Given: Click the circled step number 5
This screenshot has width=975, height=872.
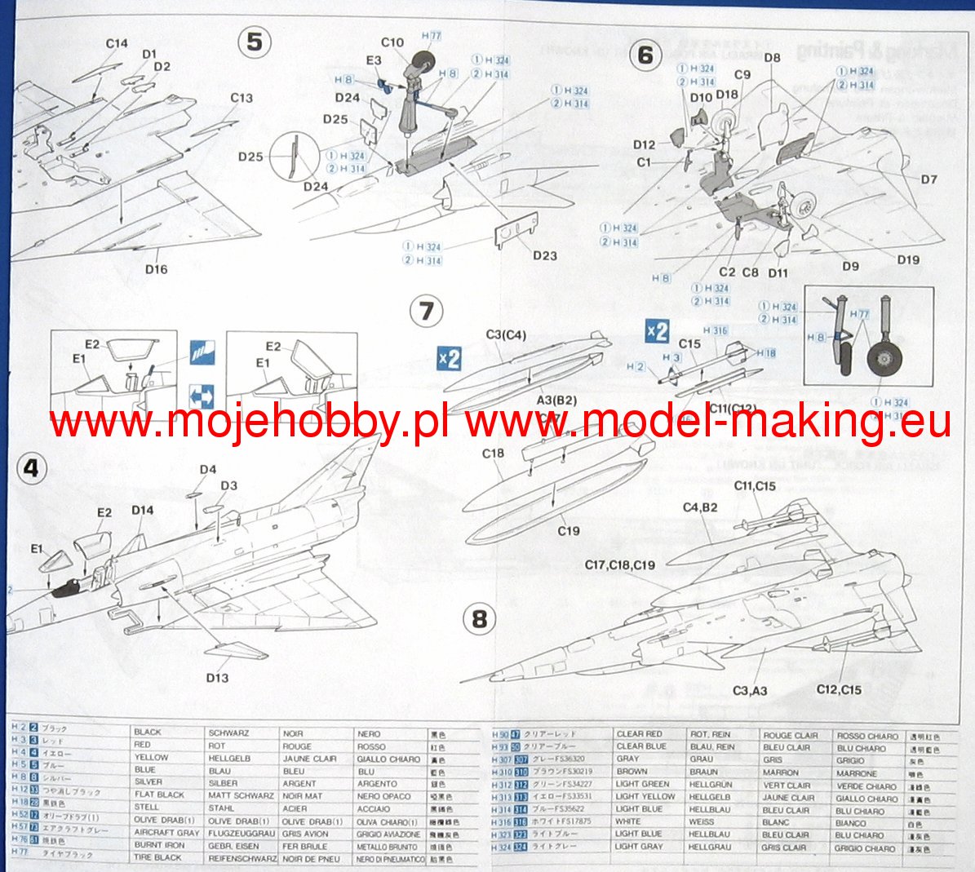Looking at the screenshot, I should tap(255, 42).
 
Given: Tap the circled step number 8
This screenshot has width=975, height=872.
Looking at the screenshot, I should tap(479, 619).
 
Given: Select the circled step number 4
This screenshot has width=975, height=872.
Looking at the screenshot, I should tap(31, 468).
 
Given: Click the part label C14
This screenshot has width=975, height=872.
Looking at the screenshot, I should tap(117, 43).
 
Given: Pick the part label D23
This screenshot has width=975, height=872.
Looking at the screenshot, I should tap(544, 255).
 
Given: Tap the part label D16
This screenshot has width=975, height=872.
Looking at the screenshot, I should tap(156, 269).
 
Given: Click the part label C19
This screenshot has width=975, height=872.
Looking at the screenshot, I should tap(569, 531).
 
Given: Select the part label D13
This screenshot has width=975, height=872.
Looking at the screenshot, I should tap(217, 678).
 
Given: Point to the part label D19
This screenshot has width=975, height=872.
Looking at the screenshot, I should tap(908, 259).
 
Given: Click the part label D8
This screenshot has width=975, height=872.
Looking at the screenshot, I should tap(772, 57).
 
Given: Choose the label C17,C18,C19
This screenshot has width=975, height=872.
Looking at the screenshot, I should tap(620, 564).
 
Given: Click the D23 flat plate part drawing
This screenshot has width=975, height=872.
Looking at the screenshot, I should tap(516, 230).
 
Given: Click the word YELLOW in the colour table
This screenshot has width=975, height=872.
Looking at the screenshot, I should tap(151, 757).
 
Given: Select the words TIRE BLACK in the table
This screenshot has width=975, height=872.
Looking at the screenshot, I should tap(157, 857).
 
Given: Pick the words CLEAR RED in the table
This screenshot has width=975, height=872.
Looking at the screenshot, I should tap(639, 734).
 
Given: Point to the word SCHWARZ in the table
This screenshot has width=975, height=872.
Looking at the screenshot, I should tap(228, 733).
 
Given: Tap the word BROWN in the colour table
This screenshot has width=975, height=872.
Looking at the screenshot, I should tap(632, 772).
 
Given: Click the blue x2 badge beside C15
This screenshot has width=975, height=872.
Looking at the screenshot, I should tap(657, 330).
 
